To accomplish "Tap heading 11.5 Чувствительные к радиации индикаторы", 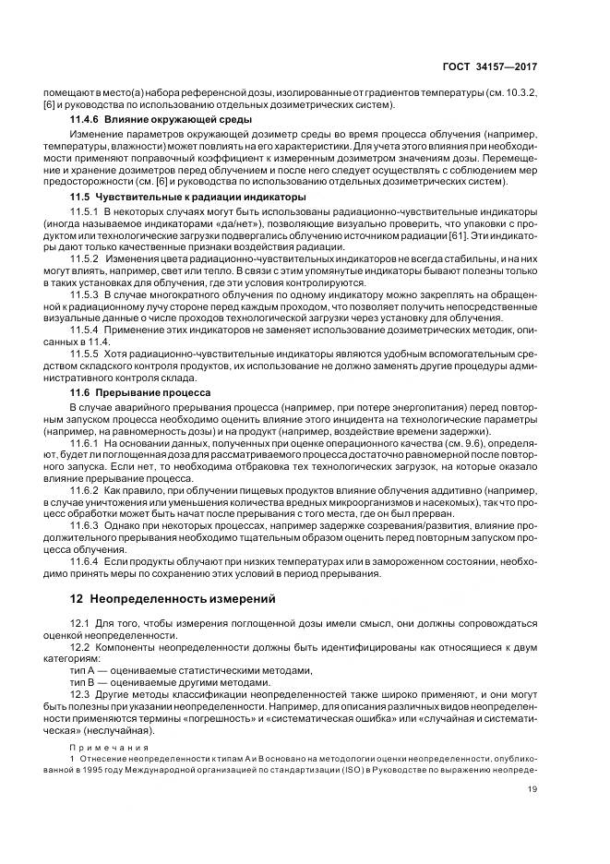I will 177,198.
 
